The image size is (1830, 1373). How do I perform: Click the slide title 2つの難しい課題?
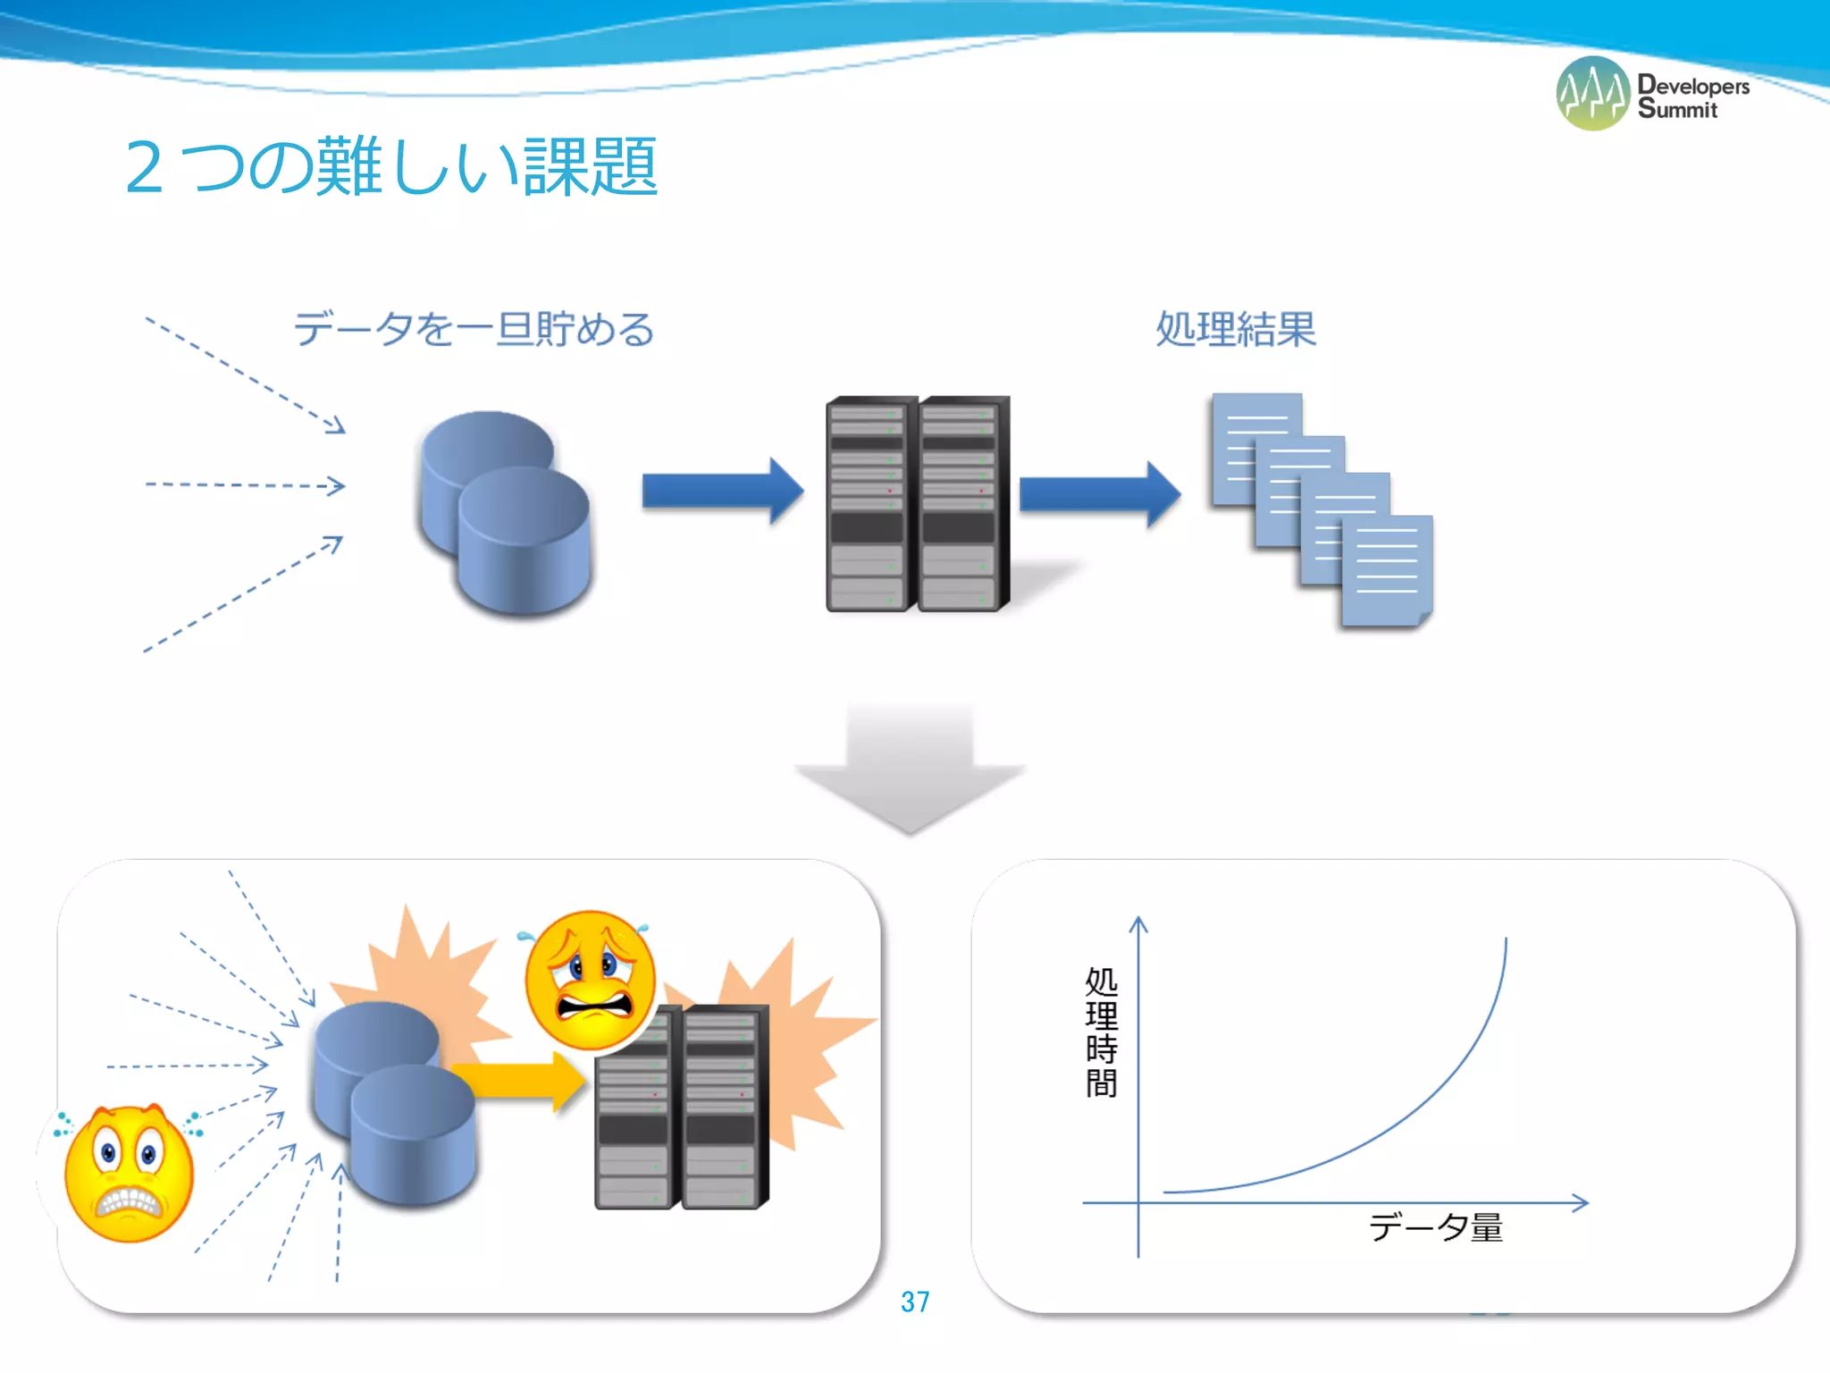pos(391,167)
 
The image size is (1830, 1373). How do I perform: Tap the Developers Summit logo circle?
pos(1592,94)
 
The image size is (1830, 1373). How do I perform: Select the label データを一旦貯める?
pos(474,329)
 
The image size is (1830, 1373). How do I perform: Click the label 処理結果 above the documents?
pos(1236,329)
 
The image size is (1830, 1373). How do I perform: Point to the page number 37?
pos(915,1301)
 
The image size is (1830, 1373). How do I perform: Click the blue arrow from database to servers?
pos(720,491)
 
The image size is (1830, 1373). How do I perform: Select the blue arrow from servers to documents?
pos(1098,493)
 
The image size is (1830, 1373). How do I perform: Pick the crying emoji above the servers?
pos(590,980)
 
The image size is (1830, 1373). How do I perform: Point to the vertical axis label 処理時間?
pos(1101,1032)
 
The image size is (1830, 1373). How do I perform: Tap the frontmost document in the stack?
pos(1387,570)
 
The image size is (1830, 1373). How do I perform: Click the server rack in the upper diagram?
pos(917,503)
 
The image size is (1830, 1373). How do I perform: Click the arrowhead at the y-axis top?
pos(1138,924)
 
